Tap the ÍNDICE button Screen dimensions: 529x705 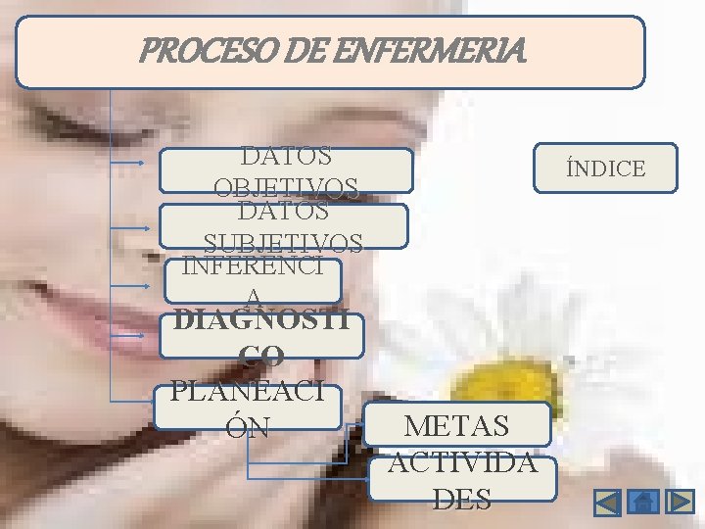pos(605,168)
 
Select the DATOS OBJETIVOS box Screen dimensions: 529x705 pos(286,170)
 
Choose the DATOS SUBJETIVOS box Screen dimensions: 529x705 pos(283,226)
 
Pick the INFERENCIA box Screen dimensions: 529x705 pos(253,280)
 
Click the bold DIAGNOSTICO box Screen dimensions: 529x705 pos(261,336)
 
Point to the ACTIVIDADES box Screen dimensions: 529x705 pos(462,479)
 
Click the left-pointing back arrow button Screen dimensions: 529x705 pos(608,503)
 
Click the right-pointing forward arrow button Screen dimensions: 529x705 pos(680,503)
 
